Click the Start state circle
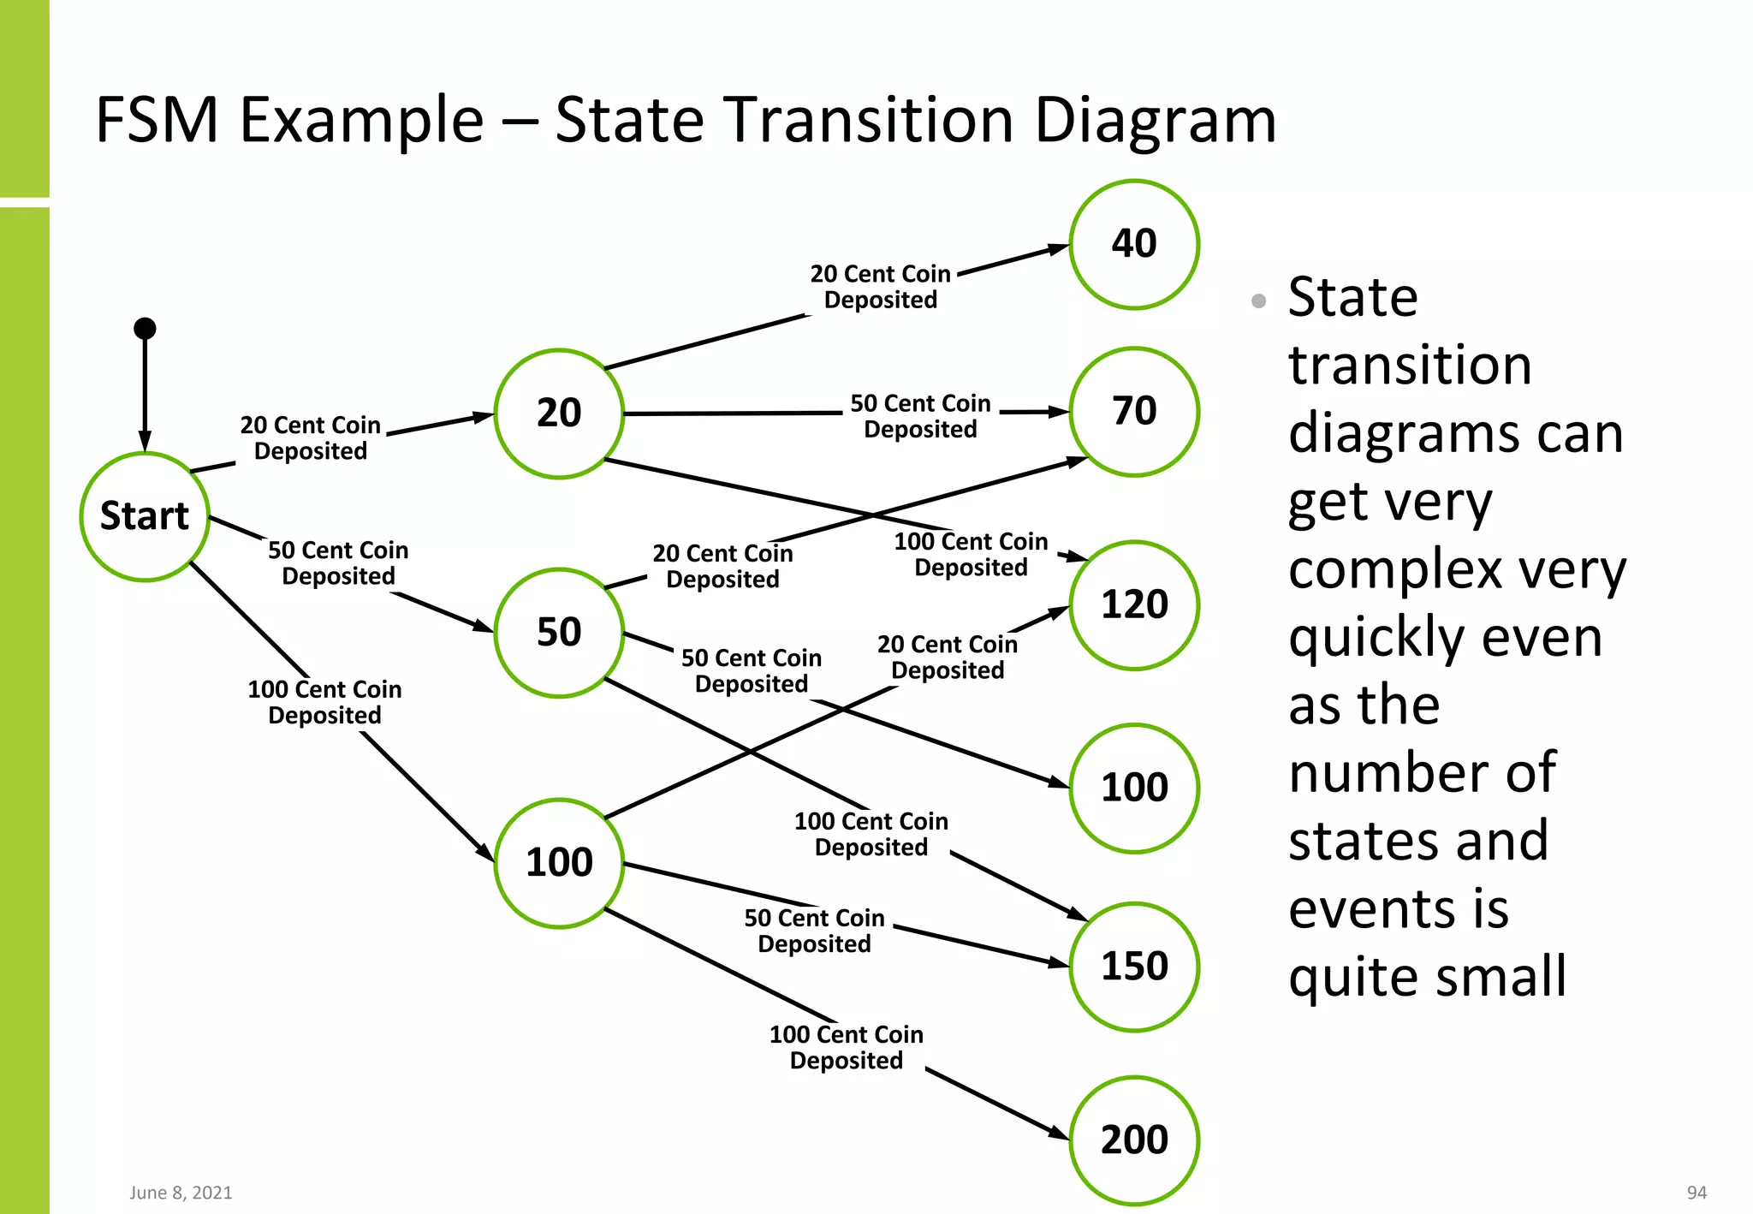tap(145, 516)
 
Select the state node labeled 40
tap(1134, 244)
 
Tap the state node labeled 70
tap(1134, 412)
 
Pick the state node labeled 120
tap(1134, 605)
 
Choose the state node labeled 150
tap(1134, 967)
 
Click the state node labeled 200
tap(1134, 1140)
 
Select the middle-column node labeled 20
tap(559, 414)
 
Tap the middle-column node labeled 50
tap(559, 633)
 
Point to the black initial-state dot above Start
tap(145, 328)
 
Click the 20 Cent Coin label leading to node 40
tap(880, 287)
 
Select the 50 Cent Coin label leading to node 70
tap(920, 416)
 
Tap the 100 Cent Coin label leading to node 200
tap(846, 1047)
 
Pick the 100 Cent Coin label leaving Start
tap(324, 702)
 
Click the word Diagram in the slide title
tap(1155, 120)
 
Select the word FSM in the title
tap(157, 120)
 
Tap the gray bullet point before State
tap(1258, 301)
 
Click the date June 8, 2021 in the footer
tap(181, 1193)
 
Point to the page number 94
tap(1697, 1193)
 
